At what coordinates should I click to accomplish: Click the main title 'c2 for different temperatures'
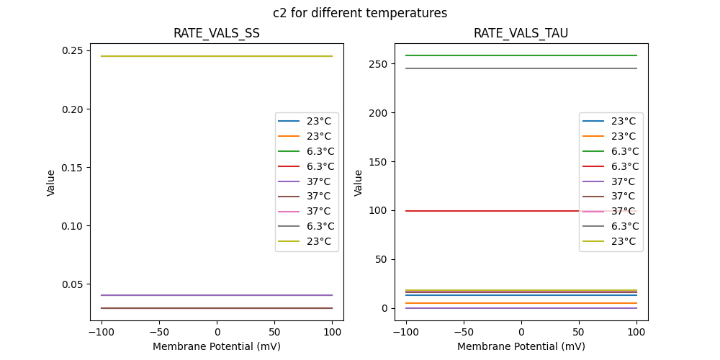click(x=360, y=13)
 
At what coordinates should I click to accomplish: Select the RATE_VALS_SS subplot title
click(x=217, y=33)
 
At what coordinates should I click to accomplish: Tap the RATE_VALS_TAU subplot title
click(x=521, y=33)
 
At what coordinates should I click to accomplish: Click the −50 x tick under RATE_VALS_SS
click(x=158, y=333)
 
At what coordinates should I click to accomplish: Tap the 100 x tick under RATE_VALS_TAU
click(x=636, y=333)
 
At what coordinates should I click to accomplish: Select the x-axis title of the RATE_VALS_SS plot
click(x=217, y=346)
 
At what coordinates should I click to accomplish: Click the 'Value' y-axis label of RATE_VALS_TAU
click(x=359, y=182)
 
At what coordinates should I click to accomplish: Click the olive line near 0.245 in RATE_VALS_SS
click(x=180, y=56)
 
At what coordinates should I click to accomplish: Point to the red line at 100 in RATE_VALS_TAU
click(x=490, y=211)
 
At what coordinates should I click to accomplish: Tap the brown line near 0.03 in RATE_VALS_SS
click(x=180, y=308)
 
